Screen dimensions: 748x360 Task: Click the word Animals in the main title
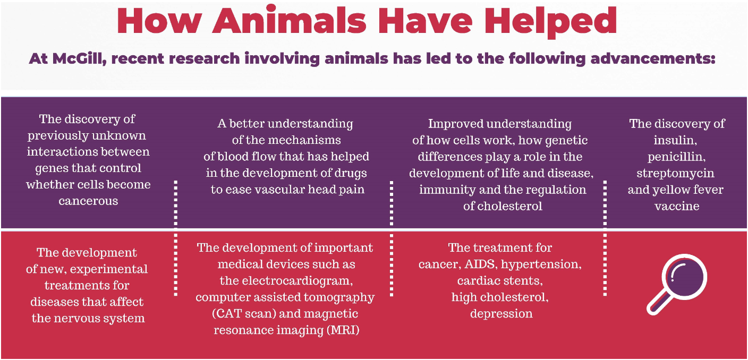(x=289, y=21)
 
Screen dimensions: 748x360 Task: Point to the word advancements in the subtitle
(x=653, y=58)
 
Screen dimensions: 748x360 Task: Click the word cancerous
(x=89, y=201)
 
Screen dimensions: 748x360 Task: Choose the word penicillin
(x=676, y=157)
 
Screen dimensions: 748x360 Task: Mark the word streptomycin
(x=676, y=173)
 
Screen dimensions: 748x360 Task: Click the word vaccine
(x=677, y=206)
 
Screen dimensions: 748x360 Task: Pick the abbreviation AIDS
(x=481, y=264)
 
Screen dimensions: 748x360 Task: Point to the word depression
(x=501, y=314)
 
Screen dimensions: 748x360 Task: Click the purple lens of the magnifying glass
(x=685, y=277)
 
